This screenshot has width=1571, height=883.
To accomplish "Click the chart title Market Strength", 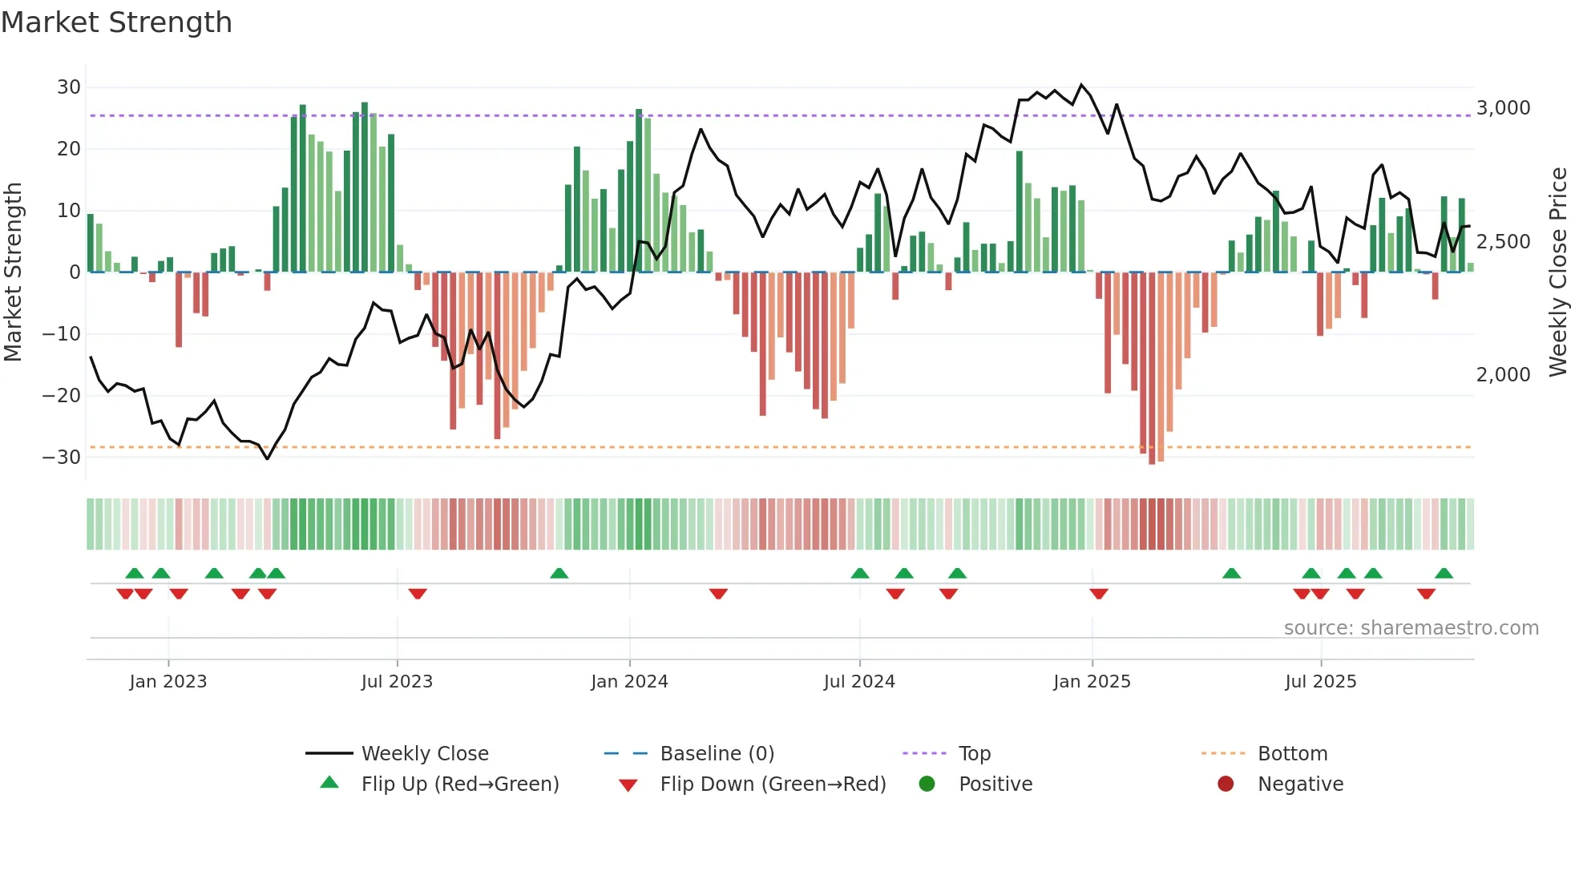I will pos(116,22).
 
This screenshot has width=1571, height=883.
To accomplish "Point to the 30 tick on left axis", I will pos(69,87).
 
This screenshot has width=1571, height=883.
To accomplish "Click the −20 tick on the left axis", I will pos(62,395).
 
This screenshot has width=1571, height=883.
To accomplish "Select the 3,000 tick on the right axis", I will pos(1503,108).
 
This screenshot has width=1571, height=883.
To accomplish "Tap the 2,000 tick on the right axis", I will pos(1503,375).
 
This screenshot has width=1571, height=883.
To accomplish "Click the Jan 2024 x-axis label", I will pos(629,682).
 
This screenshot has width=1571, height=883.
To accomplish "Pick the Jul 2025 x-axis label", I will pos(1320,682).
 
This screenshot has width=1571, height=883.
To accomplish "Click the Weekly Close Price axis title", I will pos(1557,272).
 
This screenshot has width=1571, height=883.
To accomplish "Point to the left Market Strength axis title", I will pos(13,272).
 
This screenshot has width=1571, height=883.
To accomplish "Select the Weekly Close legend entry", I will pos(424,754).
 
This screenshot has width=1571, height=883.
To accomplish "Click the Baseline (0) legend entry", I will pos(717,754).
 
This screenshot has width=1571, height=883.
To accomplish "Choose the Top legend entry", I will pos(974,754).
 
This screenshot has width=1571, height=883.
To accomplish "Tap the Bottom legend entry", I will pos(1292,754).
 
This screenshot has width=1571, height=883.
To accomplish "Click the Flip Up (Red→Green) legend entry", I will pos(459,784).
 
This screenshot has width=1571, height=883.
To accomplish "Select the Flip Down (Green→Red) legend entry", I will pos(773,784).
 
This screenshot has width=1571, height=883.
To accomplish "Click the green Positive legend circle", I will pos(927,784).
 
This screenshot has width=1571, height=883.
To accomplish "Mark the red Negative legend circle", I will pos(1226,784).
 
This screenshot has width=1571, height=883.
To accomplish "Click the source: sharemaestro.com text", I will pos(1411,628).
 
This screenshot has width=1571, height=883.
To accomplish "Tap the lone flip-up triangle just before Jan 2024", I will pos(559,574).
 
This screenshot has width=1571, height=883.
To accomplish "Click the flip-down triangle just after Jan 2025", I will pos(1099,594).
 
